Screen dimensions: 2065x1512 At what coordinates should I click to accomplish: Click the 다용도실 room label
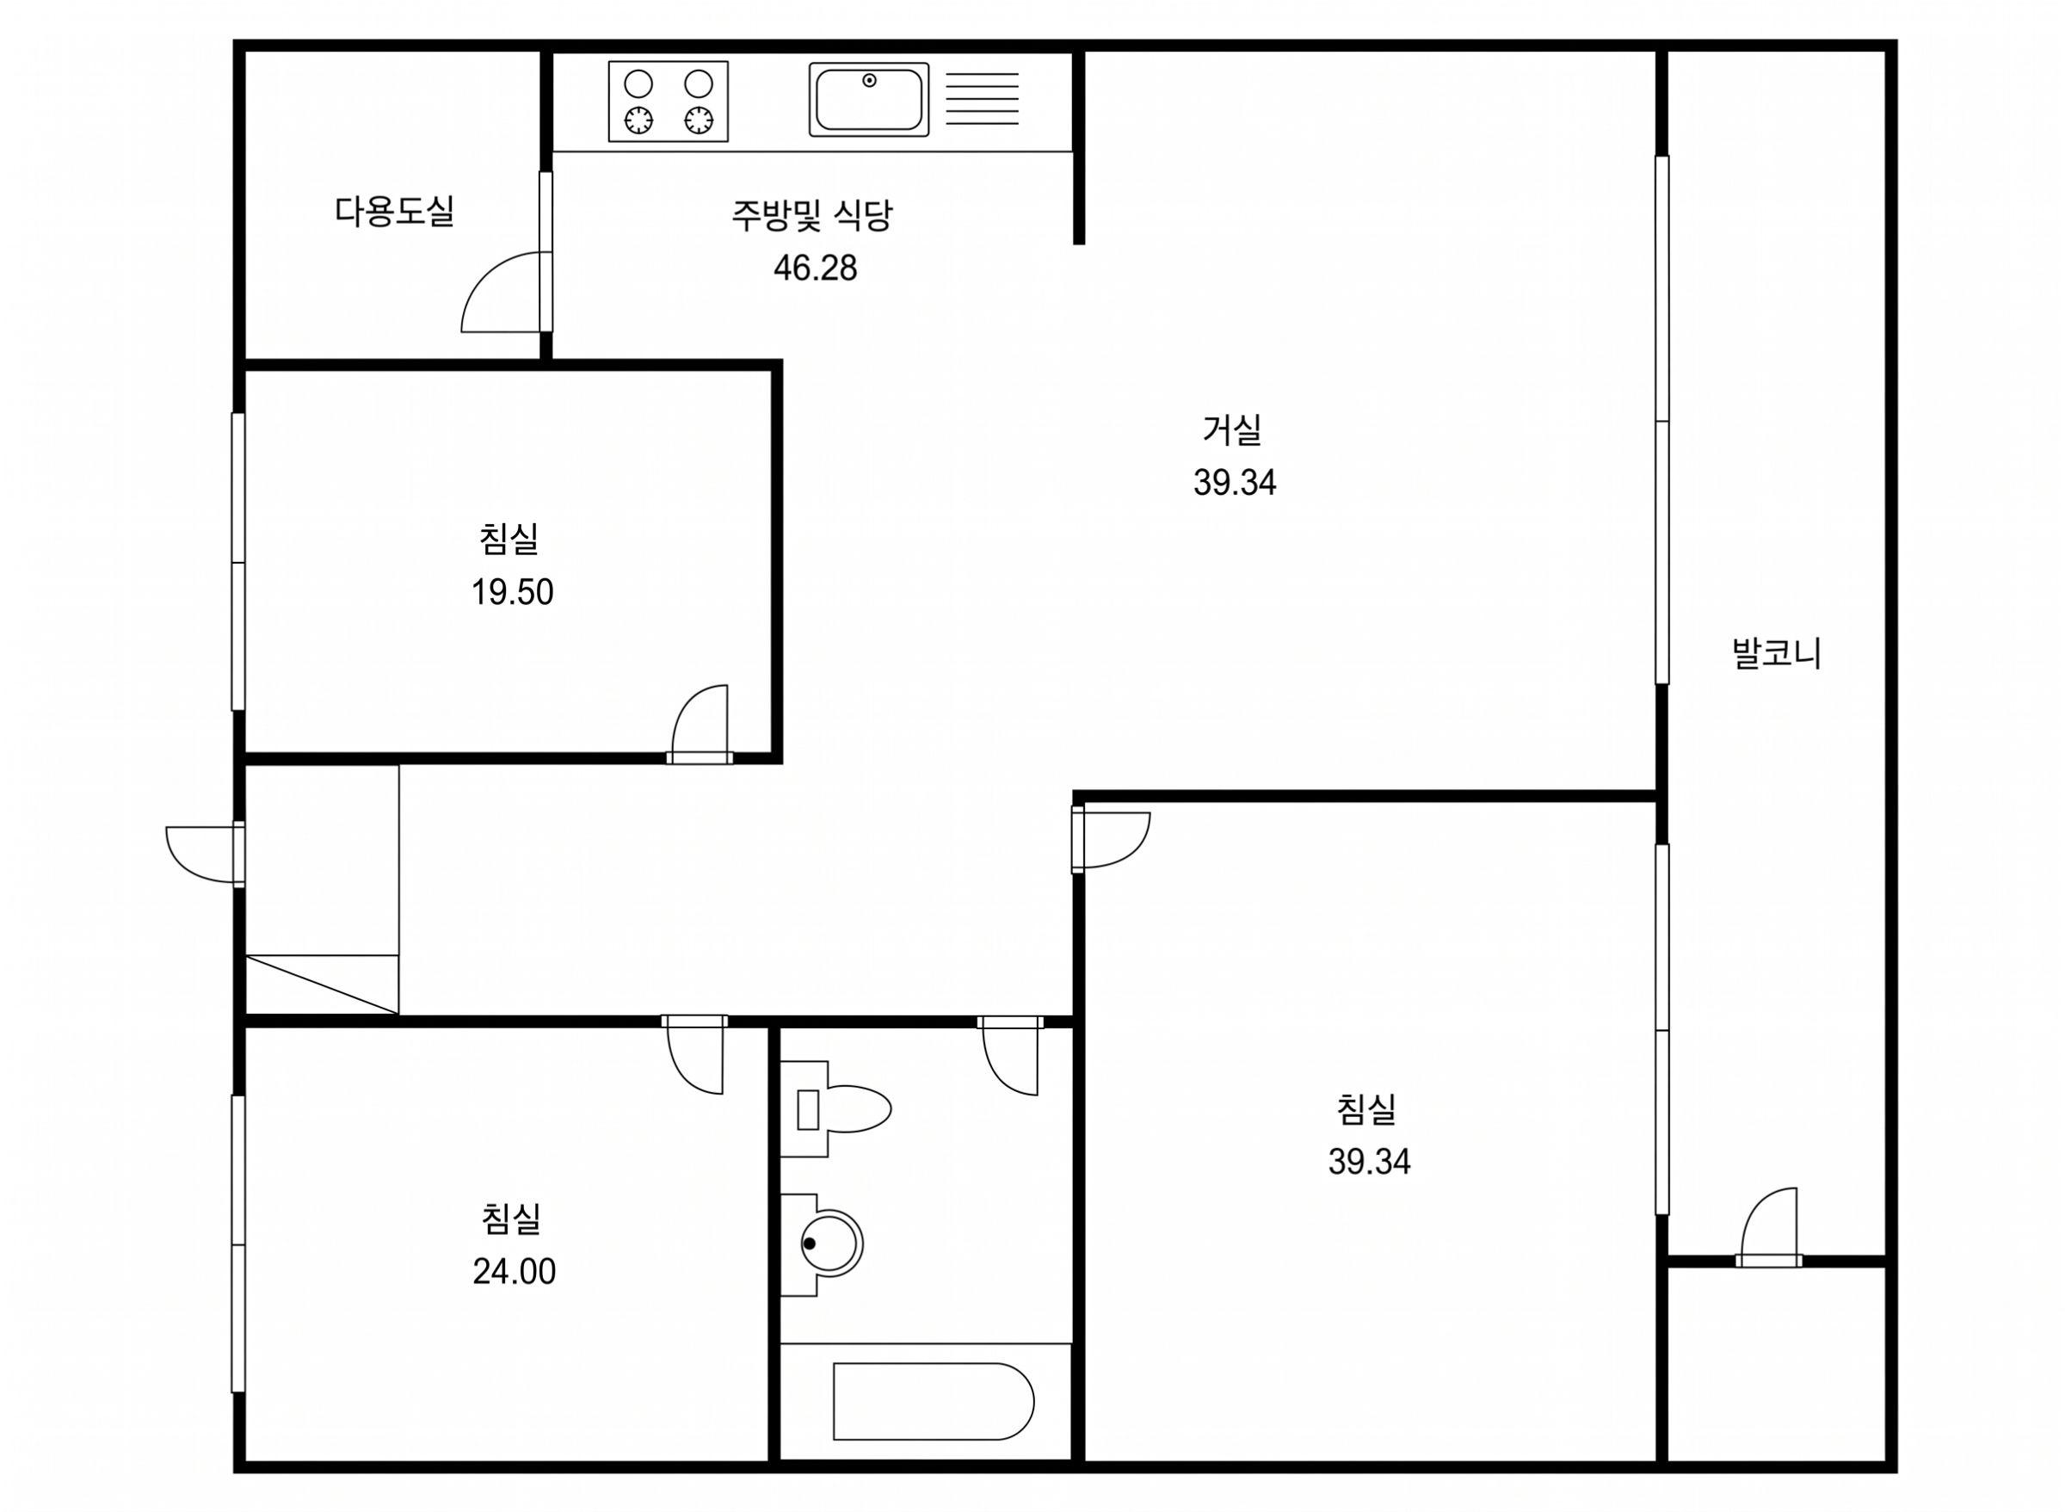[394, 212]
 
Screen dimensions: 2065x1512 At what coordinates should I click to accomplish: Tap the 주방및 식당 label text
[811, 216]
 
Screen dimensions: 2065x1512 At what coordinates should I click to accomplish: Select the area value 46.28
[815, 268]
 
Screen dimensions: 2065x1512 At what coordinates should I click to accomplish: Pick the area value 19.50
[512, 592]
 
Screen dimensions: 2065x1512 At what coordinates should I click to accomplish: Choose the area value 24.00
[515, 1271]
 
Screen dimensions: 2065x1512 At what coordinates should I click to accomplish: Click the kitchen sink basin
[868, 100]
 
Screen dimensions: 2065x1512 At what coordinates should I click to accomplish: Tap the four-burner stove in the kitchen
[668, 102]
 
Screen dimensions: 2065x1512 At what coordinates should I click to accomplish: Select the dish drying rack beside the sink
[982, 99]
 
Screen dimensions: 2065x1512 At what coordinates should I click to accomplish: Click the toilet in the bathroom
[835, 1109]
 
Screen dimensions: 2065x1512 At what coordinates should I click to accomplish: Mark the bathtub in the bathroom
[934, 1401]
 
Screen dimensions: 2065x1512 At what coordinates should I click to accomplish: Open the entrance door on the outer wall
[204, 854]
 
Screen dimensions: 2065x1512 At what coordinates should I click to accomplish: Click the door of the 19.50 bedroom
[700, 724]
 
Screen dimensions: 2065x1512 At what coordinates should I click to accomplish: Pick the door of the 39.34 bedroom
[1111, 839]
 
